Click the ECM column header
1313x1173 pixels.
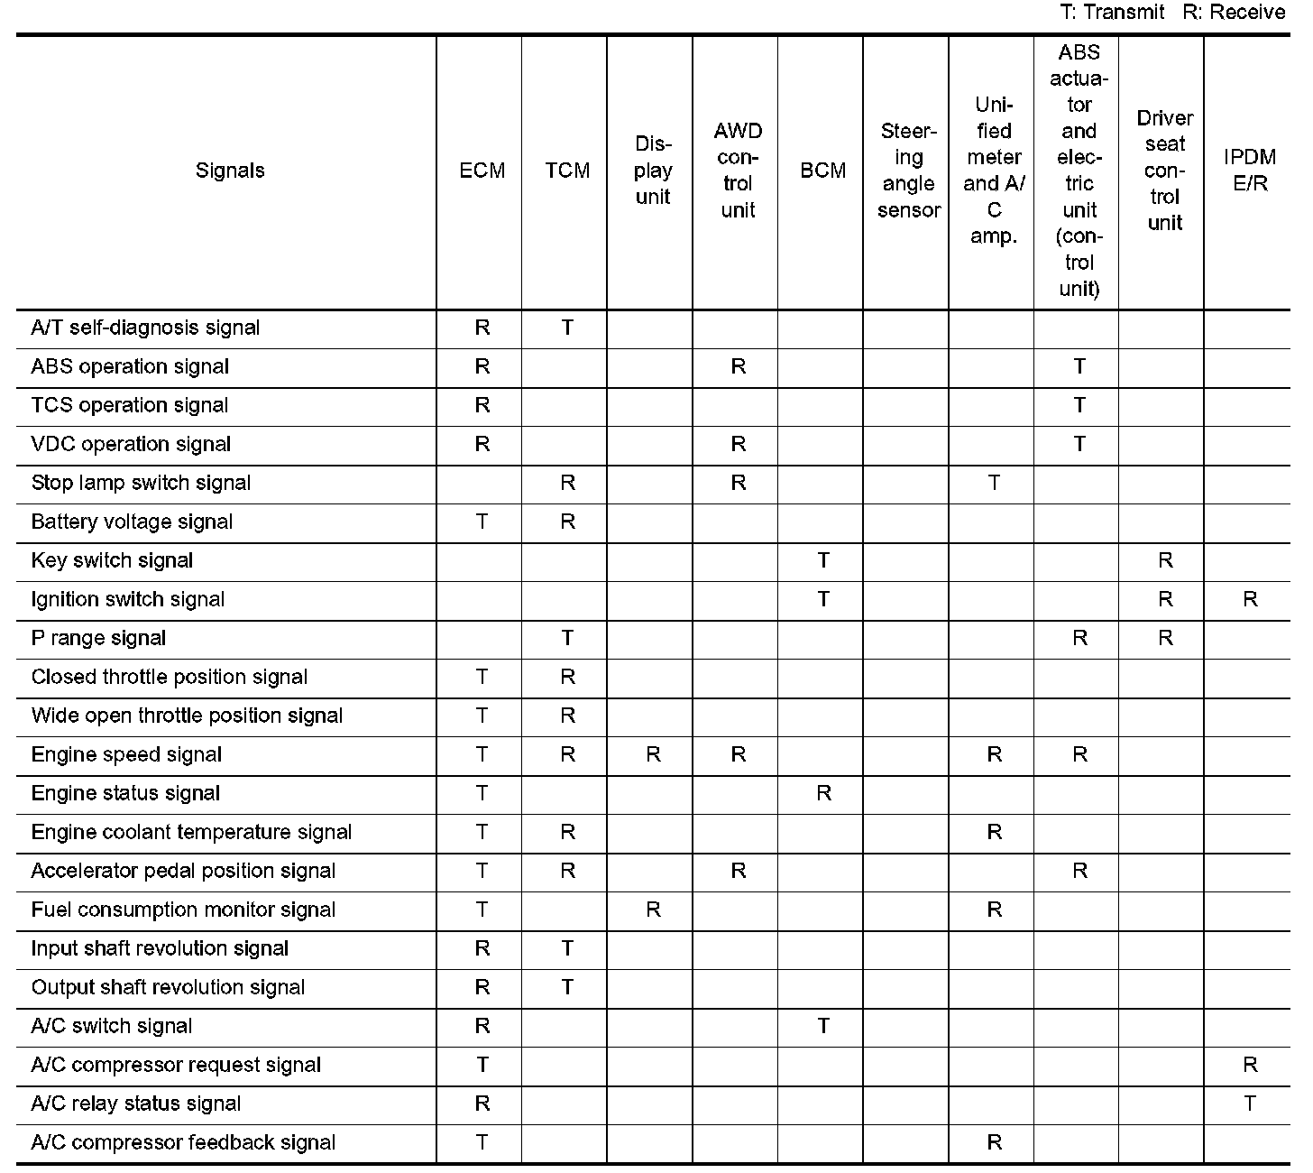[482, 171]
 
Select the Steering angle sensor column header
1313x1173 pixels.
[908, 171]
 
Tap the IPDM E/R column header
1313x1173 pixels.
[1249, 171]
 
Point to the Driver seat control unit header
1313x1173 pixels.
[1164, 171]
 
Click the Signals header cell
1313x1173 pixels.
[230, 171]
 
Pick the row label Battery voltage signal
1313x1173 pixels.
[132, 522]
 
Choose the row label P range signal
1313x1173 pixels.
[98, 638]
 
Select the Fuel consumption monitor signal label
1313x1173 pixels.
[183, 910]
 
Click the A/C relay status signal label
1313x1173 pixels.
[136, 1104]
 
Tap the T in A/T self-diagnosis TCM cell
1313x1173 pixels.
[567, 328]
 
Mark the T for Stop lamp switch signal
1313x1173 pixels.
[994, 483]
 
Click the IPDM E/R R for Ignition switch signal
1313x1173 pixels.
[1249, 599]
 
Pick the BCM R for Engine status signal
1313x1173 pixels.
[823, 793]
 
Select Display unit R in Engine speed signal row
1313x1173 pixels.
[653, 754]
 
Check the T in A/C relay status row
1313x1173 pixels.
[1249, 1104]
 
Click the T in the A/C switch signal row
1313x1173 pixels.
[823, 1026]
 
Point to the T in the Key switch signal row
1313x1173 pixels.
[823, 560]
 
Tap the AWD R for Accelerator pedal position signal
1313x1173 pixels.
[738, 871]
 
